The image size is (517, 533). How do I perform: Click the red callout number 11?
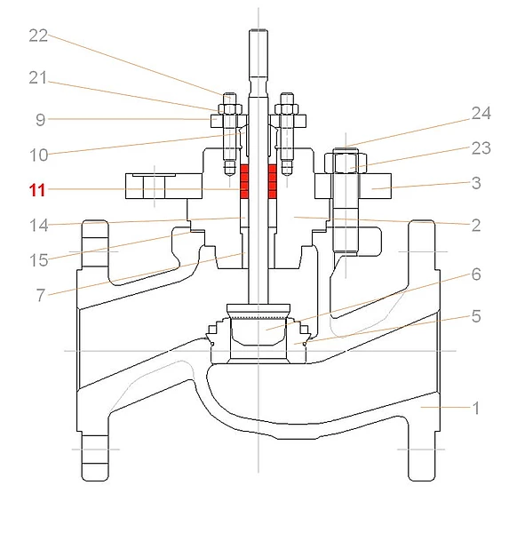pyautogui.click(x=37, y=190)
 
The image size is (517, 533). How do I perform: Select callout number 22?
pyautogui.click(x=38, y=36)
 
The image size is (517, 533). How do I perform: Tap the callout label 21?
pyautogui.click(x=37, y=78)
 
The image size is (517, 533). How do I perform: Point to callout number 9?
pyautogui.click(x=41, y=120)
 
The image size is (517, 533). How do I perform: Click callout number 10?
pyautogui.click(x=38, y=155)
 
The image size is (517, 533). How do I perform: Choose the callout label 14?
pyautogui.click(x=39, y=226)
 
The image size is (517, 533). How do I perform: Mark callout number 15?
pyautogui.click(x=39, y=260)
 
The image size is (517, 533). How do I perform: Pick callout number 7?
pyautogui.click(x=41, y=295)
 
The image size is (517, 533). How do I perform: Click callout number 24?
pyautogui.click(x=481, y=113)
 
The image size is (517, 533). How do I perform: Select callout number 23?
pyautogui.click(x=481, y=148)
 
